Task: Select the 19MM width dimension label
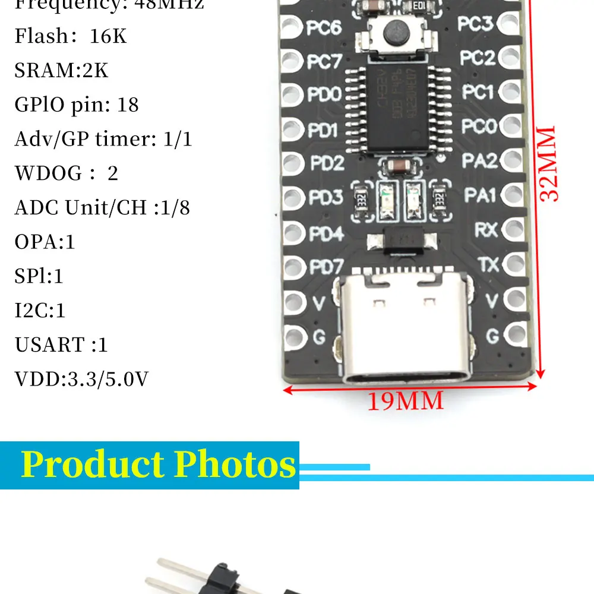tap(405, 401)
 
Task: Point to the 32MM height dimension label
tap(549, 163)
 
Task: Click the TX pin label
tap(488, 264)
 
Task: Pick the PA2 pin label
tap(479, 160)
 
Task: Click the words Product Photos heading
tap(158, 465)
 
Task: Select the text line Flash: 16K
tap(71, 36)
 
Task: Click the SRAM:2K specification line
tap(62, 71)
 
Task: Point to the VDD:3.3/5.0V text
tap(81, 379)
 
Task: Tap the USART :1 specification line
tap(61, 345)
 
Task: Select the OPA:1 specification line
tap(45, 242)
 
